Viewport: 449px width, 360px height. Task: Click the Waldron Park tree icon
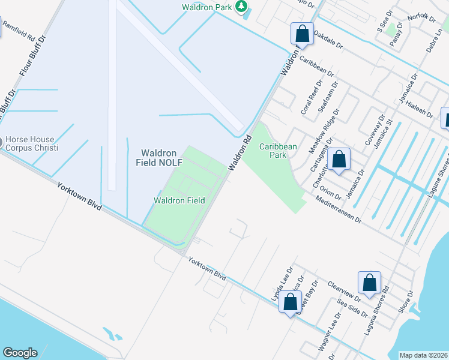(x=241, y=7)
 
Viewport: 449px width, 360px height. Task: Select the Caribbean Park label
(x=278, y=150)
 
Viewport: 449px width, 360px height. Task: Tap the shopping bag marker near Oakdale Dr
(x=302, y=34)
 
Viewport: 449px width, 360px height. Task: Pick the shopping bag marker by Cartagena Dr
(x=339, y=160)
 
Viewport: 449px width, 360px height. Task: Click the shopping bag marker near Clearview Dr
(x=369, y=283)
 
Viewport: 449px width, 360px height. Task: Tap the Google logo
(x=20, y=353)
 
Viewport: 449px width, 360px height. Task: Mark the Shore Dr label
(x=407, y=302)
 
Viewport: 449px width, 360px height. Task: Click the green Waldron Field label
(x=179, y=200)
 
